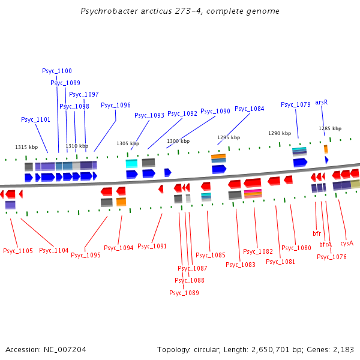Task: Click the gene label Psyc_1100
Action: tap(57, 71)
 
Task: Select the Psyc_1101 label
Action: tap(36, 119)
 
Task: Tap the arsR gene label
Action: tap(322, 103)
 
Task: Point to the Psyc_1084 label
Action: tap(249, 109)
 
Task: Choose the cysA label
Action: tap(347, 243)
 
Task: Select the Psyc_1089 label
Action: tap(184, 293)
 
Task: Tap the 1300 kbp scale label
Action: tap(178, 141)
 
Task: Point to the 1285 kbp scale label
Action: tap(330, 128)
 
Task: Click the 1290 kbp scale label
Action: tap(280, 133)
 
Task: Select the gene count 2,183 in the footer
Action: tap(343, 349)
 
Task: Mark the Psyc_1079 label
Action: tap(296, 104)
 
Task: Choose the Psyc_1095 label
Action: tap(86, 254)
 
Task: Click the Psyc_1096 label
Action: tap(116, 105)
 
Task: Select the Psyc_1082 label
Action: tap(258, 251)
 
